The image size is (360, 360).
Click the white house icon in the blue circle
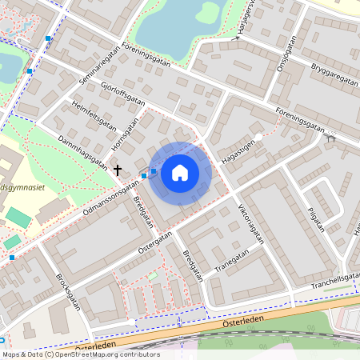(180, 172)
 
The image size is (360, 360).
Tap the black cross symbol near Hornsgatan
(118, 170)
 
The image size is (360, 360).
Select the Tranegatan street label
(232, 262)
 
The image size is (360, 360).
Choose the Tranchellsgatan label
(335, 280)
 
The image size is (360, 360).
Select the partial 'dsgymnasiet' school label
(22, 184)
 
